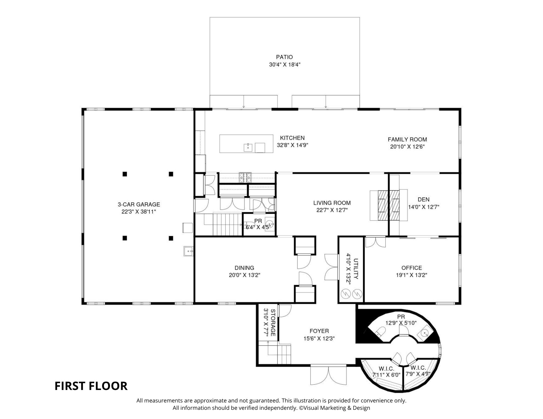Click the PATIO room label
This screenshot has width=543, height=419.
coord(284,57)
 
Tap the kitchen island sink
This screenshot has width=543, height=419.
coord(248,148)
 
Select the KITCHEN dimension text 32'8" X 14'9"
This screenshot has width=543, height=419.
coord(292,145)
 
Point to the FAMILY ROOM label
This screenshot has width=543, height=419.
coord(407,139)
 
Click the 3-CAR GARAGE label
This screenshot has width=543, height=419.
coord(139,204)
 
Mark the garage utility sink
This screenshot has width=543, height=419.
coord(188,251)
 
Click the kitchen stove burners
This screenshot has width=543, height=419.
coord(245,177)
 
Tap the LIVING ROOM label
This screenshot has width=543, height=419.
coord(332,203)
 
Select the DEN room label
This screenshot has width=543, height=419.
coord(424,200)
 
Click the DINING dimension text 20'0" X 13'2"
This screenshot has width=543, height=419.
coord(244,275)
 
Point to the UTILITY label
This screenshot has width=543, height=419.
coord(356,269)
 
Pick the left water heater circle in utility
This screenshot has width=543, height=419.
coord(345,293)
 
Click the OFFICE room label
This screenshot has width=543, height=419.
coord(412,268)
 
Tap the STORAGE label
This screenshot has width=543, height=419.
coord(273,323)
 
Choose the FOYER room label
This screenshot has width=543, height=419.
coord(319,331)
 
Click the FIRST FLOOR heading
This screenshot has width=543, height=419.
coord(91,386)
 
